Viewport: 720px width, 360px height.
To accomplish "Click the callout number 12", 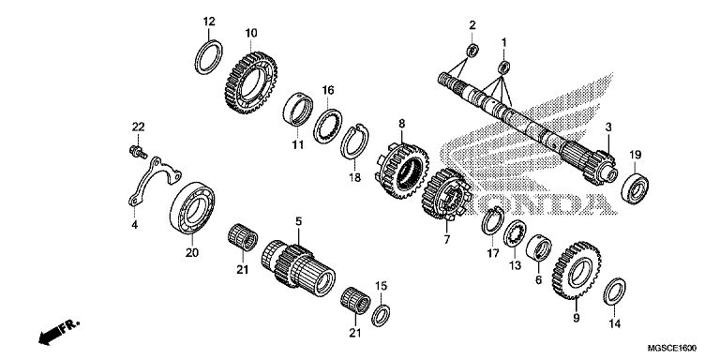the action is [x=209, y=22].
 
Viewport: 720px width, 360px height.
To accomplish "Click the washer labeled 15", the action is [x=381, y=315].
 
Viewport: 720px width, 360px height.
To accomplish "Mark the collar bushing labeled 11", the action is [x=297, y=110].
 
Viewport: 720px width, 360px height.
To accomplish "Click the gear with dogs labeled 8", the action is [x=402, y=171].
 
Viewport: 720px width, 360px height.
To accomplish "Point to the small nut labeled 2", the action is [x=472, y=50].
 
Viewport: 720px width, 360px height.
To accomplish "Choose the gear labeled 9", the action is [x=577, y=270].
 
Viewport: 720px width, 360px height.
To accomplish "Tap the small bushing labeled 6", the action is [x=538, y=247].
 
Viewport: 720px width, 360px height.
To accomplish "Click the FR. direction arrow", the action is [x=59, y=331].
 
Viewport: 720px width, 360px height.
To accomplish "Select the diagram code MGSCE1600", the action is [x=672, y=349].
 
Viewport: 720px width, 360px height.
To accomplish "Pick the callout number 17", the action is [x=493, y=253].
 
